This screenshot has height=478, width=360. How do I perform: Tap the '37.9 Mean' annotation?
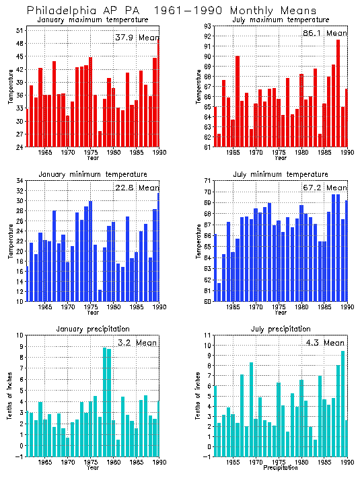[x=137, y=38]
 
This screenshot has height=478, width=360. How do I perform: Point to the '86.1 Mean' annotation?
[x=325, y=33]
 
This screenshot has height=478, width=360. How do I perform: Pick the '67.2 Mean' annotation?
[x=325, y=188]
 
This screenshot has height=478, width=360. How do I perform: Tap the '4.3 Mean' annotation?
[x=325, y=342]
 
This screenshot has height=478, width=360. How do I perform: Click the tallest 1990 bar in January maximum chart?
[x=158, y=91]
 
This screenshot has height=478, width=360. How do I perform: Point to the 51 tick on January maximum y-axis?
[x=20, y=31]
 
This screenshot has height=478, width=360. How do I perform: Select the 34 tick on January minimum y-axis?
[x=20, y=182]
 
